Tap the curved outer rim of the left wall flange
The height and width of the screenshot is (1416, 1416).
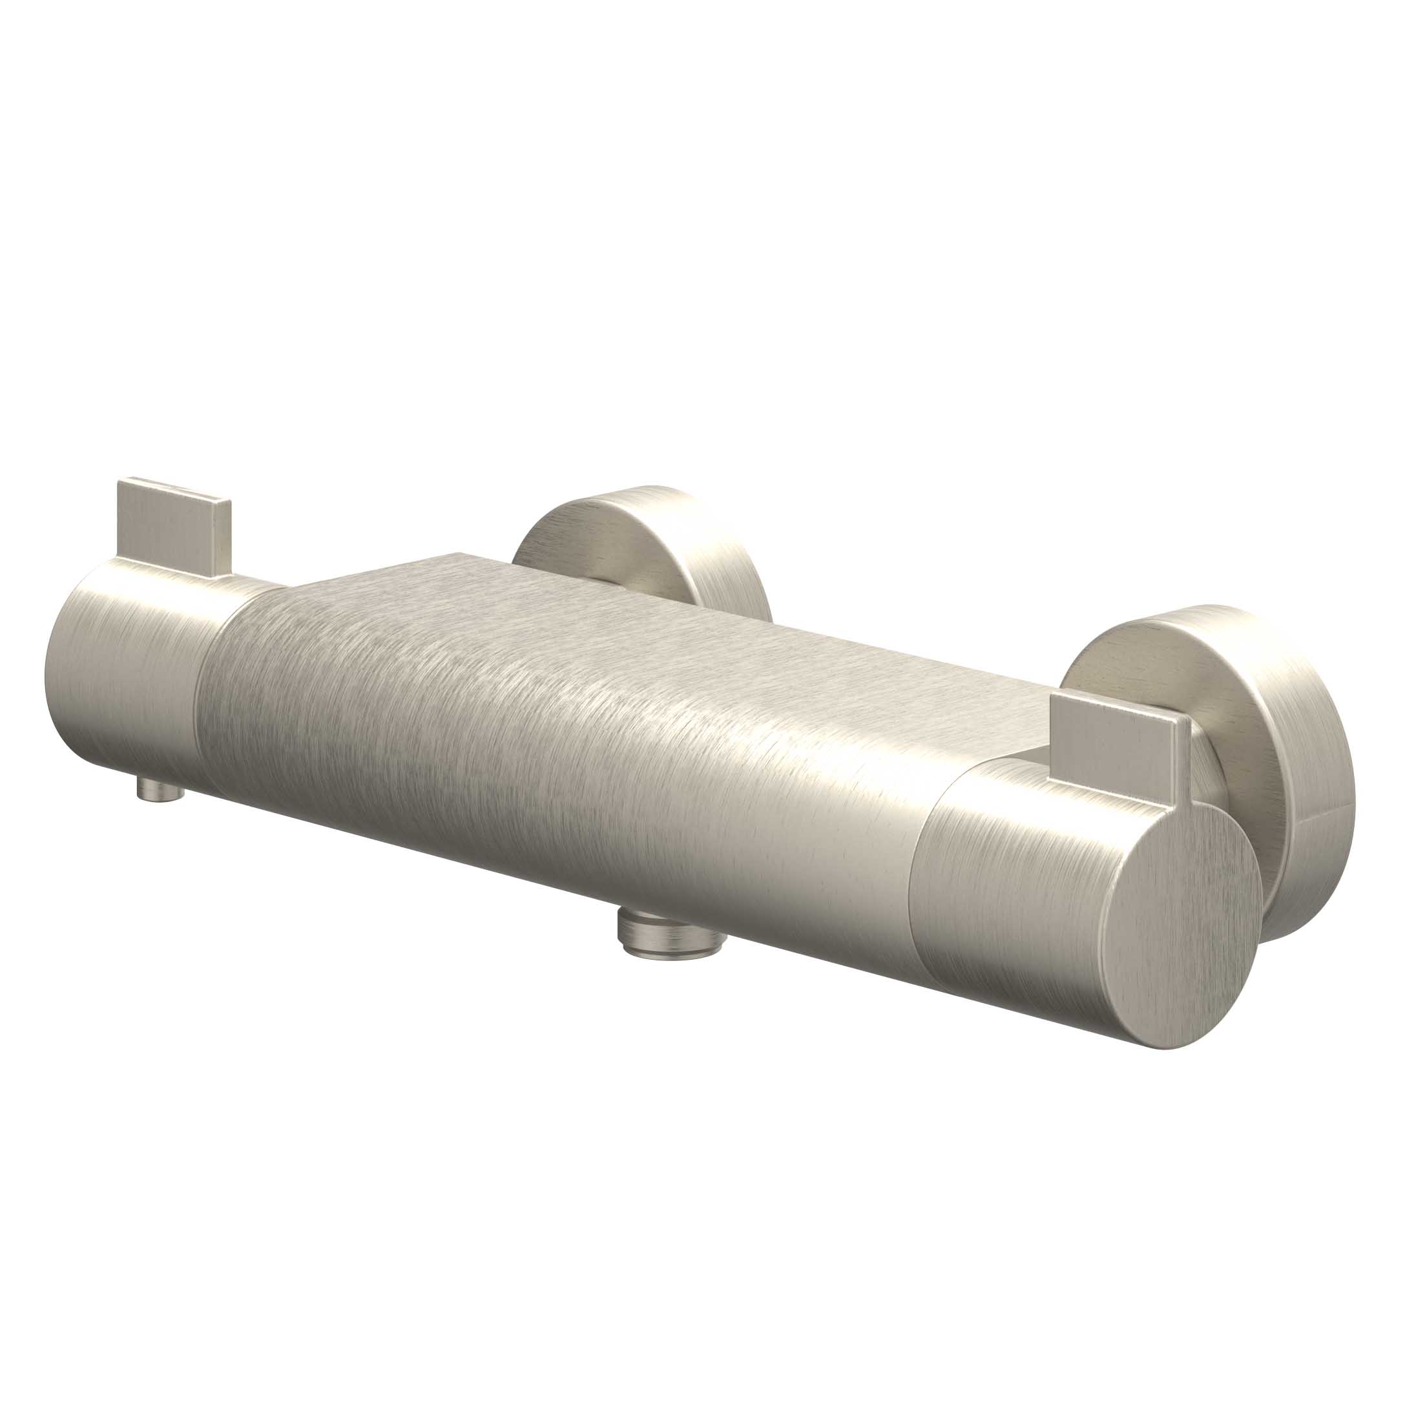coord(703,543)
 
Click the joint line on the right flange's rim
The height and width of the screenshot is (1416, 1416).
coord(1312,820)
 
